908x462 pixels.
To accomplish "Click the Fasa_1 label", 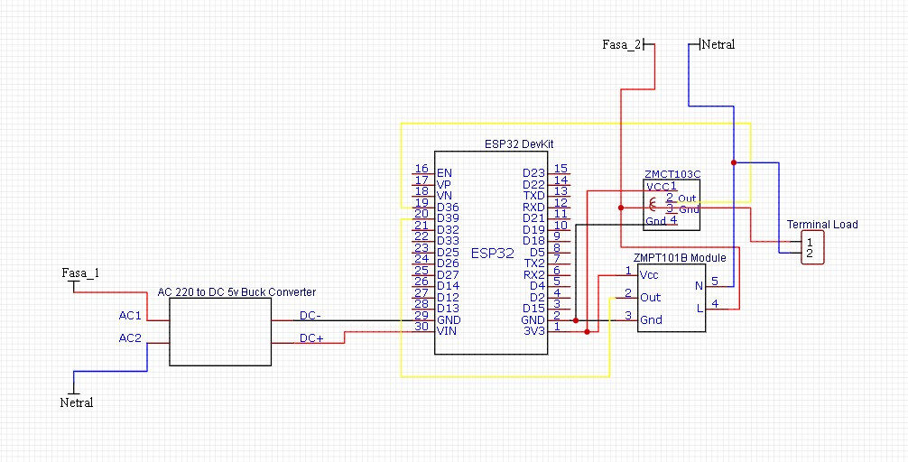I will click(x=80, y=273).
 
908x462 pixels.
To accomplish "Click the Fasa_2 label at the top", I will click(x=621, y=44).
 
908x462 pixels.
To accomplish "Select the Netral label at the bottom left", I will click(x=77, y=402).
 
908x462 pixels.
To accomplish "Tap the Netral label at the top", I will click(x=718, y=44).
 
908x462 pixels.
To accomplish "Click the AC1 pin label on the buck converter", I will click(x=130, y=316).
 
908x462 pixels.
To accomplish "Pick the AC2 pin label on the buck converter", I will click(x=130, y=337).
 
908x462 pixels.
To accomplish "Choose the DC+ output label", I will click(x=311, y=338).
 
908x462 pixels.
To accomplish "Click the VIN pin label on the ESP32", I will click(x=447, y=331).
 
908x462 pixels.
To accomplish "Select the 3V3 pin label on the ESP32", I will click(x=533, y=331).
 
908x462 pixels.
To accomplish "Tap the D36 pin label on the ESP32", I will click(x=448, y=207).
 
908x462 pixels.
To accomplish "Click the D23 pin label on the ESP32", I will click(x=533, y=172).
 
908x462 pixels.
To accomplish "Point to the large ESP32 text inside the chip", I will click(x=492, y=254).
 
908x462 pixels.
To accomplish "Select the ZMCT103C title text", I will click(x=672, y=174).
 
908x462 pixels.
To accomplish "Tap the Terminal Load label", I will click(x=822, y=224).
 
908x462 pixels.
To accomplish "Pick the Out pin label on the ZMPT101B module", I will click(x=650, y=297).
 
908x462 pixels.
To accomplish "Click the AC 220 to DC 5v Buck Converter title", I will click(x=236, y=292).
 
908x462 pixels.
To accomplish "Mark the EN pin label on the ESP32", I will click(x=444, y=172).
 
